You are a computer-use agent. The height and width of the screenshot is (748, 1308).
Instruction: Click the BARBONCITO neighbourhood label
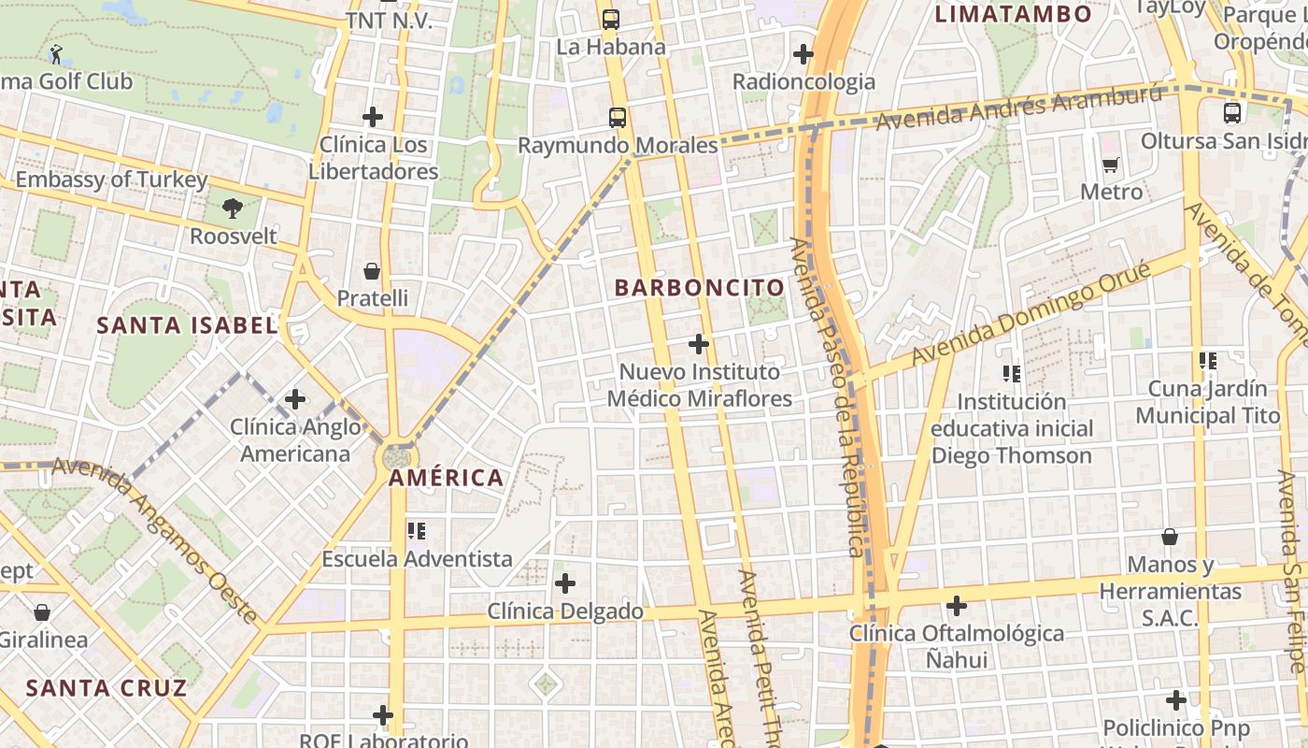(x=699, y=288)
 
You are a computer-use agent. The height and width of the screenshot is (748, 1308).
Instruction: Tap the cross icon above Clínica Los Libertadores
(x=373, y=117)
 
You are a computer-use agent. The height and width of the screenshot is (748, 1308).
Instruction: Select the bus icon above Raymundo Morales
(x=618, y=118)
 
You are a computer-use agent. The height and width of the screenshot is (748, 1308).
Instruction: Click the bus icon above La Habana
(x=610, y=20)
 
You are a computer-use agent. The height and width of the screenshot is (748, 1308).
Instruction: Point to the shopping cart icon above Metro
(x=1111, y=165)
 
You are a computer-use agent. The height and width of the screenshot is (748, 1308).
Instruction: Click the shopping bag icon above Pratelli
(x=372, y=271)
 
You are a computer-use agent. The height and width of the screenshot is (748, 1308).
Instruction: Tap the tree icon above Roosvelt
(x=233, y=209)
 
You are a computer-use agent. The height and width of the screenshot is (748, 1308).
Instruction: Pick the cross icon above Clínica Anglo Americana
(x=295, y=399)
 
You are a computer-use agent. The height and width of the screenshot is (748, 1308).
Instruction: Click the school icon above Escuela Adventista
(x=417, y=531)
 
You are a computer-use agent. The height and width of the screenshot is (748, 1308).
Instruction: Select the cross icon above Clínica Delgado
(x=565, y=583)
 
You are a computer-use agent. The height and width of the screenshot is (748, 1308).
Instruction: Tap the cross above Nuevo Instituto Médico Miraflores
(x=699, y=344)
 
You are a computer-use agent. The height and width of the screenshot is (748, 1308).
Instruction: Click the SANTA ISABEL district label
(x=187, y=325)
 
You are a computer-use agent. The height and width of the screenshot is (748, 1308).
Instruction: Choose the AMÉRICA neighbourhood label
(x=447, y=478)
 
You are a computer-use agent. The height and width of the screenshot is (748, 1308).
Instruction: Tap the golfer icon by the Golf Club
(x=57, y=54)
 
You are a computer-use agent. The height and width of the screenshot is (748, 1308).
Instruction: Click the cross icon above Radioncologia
(x=803, y=54)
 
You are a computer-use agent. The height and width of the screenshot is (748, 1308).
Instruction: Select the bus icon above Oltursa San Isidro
(x=1232, y=113)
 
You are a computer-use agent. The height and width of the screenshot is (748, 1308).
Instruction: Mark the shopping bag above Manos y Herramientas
(x=1170, y=537)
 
